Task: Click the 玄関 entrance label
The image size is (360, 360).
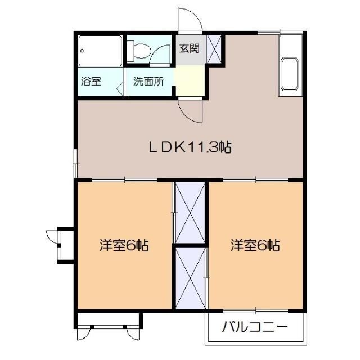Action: pos(189,48)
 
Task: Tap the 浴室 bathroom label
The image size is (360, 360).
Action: pos(91,81)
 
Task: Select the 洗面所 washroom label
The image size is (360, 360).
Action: pos(148,81)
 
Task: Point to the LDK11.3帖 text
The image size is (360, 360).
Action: pos(190,147)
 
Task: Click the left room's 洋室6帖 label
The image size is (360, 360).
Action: pos(124,245)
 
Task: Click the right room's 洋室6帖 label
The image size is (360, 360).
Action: pos(255,245)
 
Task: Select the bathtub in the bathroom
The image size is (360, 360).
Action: pos(101,51)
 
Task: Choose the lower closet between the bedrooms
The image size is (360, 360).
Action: pos(190,278)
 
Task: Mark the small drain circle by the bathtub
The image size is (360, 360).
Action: pos(83,50)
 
